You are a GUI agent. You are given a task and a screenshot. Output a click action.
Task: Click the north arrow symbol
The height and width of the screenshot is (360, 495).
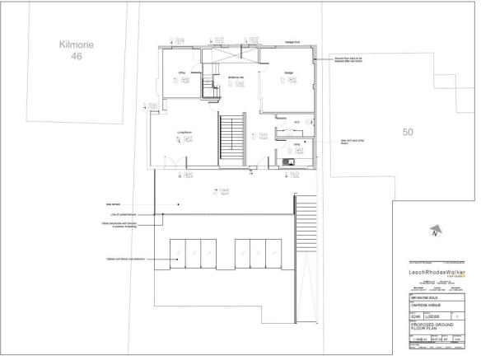434,233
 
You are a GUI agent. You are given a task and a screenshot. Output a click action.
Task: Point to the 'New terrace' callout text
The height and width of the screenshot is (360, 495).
114,203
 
